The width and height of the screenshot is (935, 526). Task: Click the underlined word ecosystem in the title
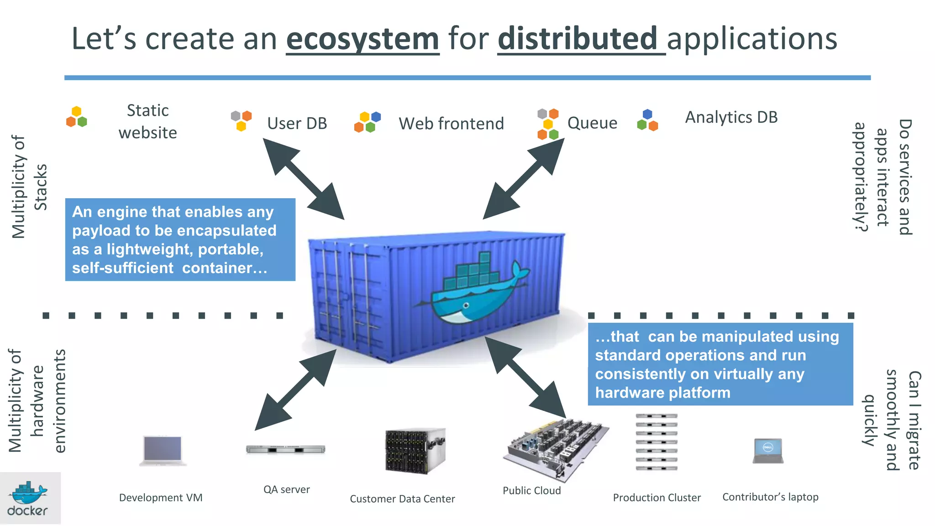362,39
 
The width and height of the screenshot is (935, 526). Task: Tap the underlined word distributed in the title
577,39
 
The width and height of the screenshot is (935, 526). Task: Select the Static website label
147,121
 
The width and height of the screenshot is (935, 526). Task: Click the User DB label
297,123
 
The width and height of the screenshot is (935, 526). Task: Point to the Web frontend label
451,123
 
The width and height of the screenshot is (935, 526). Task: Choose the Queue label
592,122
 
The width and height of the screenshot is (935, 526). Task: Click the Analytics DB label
731,117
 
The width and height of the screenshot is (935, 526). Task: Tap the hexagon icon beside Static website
76,117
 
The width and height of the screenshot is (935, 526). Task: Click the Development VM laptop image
163,450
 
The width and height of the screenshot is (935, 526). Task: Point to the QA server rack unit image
285,449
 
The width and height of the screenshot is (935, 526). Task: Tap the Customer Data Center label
402,499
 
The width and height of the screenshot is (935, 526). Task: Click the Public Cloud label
531,490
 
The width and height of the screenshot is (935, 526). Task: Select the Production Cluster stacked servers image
657,442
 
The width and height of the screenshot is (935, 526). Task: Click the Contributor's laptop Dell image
768,451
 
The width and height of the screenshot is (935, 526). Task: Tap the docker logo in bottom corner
28,499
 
